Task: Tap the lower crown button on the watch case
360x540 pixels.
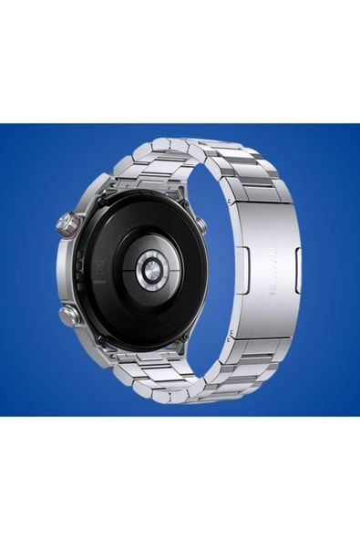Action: click(x=70, y=317)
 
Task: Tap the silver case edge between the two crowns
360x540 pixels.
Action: click(x=64, y=269)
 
